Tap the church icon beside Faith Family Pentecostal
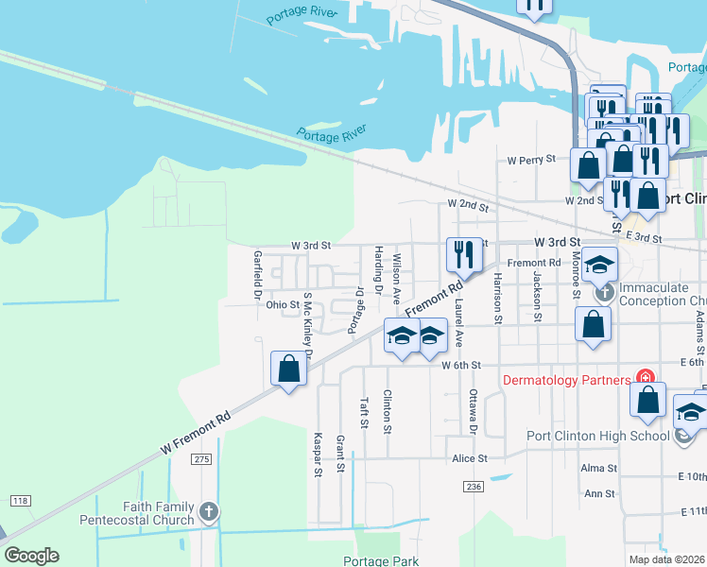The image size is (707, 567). click(x=210, y=513)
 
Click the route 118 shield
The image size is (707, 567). click(x=20, y=499)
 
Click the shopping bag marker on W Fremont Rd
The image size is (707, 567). click(x=289, y=369)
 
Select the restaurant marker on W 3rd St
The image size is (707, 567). click(x=463, y=253)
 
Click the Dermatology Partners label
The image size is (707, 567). click(x=566, y=381)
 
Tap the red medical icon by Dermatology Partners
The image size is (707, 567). click(x=646, y=380)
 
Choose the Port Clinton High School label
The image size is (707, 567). click(x=597, y=436)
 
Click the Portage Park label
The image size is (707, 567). click(x=381, y=560)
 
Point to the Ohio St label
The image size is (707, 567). click(x=282, y=305)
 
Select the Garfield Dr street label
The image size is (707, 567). click(x=257, y=275)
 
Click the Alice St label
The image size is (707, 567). click(x=469, y=458)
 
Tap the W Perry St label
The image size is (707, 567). click(x=531, y=161)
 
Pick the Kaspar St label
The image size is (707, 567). click(x=318, y=455)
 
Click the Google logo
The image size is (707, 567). click(x=31, y=556)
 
